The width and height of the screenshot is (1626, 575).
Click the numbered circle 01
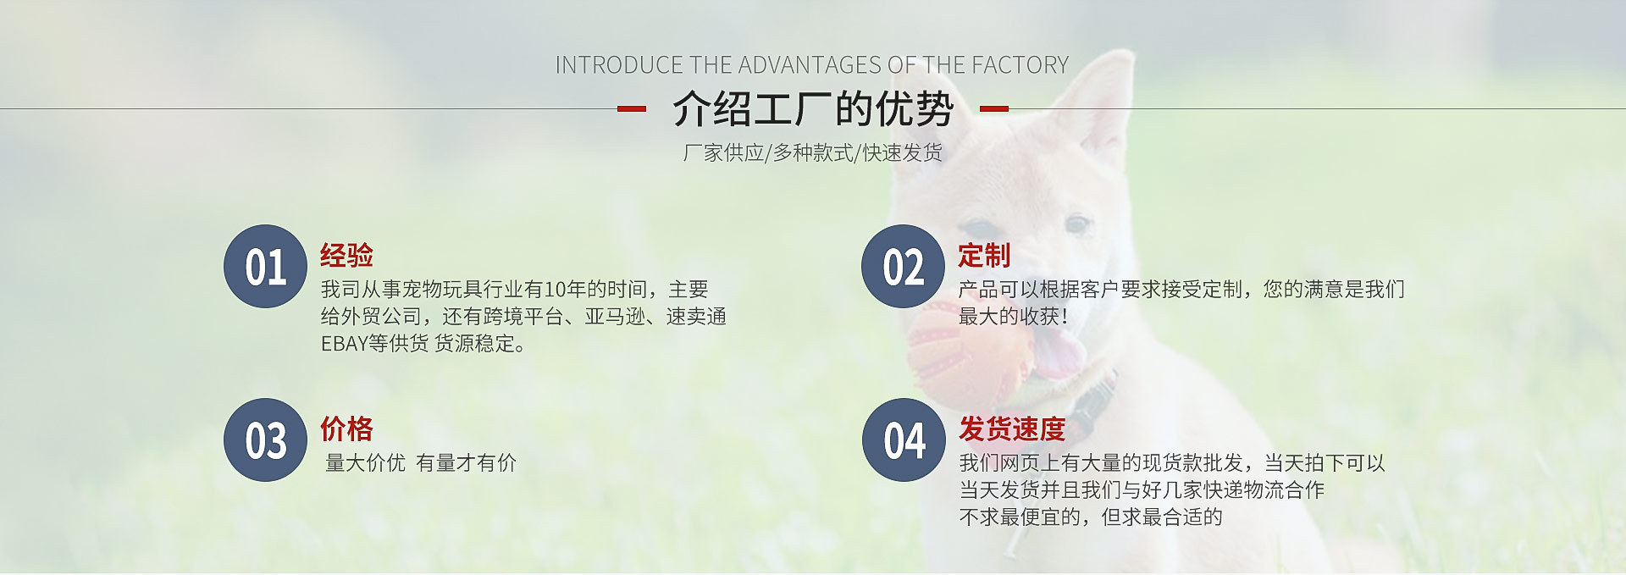265,267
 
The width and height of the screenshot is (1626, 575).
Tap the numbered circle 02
903,267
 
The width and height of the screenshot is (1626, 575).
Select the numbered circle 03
265,440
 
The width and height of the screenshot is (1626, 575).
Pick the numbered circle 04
904,440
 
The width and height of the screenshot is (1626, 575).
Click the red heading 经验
346,255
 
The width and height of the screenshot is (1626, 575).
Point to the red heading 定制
984,255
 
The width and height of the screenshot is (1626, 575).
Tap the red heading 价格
346,428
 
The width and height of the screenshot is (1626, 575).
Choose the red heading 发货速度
1012,428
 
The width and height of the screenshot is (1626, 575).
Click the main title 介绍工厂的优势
813,108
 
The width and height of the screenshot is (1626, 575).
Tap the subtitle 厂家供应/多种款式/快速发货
813,152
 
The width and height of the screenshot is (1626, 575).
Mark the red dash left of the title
632,108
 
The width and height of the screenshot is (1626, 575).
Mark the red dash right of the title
994,108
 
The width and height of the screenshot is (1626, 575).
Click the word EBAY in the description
344,344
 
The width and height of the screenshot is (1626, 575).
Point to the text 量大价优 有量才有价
421,463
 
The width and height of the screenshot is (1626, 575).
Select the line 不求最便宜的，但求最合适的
1091,517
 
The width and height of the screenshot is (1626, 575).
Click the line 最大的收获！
1013,316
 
